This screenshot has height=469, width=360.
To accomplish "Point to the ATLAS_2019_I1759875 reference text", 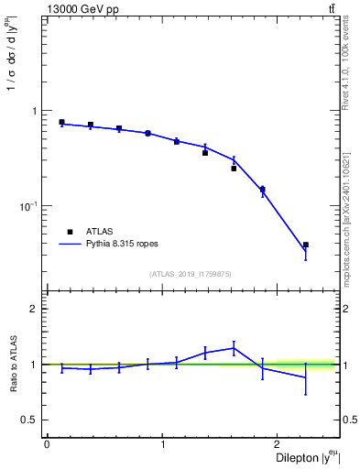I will [x=191, y=274].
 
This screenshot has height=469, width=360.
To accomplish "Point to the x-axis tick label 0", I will [x=47, y=444].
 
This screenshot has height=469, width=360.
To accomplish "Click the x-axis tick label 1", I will [x=162, y=444].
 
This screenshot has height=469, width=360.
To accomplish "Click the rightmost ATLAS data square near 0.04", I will [x=306, y=245].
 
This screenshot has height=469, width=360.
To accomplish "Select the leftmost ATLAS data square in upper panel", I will [x=61, y=122].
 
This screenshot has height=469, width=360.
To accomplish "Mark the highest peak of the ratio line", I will [x=234, y=347].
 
